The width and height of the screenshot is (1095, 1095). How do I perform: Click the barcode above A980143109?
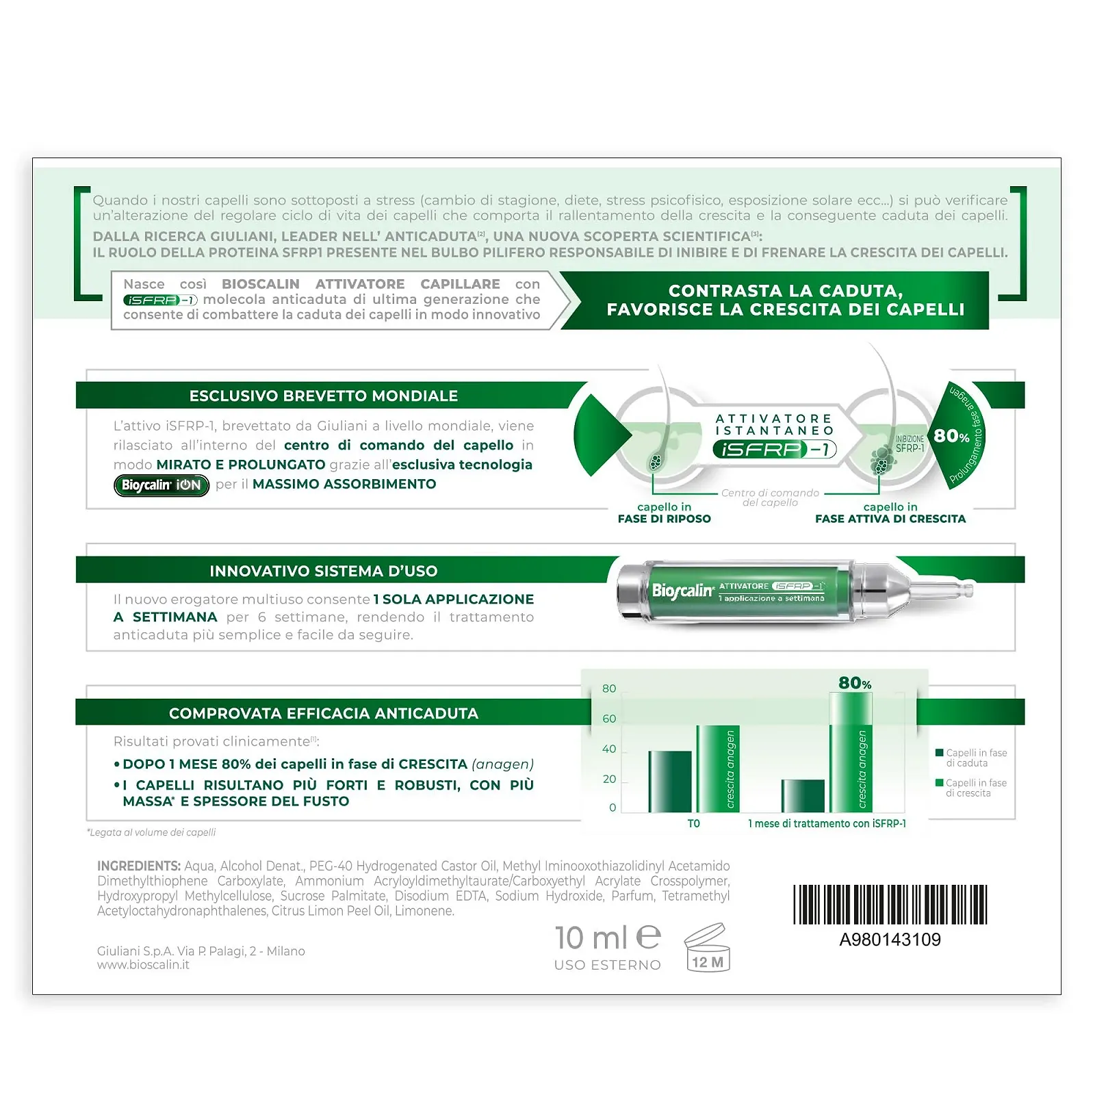[890, 905]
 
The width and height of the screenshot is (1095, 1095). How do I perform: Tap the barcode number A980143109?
[890, 940]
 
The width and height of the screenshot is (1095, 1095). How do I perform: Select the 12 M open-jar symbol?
[707, 948]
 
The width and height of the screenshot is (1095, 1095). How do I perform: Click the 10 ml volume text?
[591, 938]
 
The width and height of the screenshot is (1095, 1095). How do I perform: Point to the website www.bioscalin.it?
[143, 965]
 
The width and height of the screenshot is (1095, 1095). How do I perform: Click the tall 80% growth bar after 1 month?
[851, 752]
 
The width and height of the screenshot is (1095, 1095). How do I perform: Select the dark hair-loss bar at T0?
[670, 782]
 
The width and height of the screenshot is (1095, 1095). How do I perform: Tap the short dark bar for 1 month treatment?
[803, 796]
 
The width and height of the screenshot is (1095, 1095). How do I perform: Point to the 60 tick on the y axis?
[609, 719]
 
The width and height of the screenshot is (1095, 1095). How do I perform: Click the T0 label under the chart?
[693, 824]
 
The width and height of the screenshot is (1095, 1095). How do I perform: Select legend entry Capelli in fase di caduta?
[971, 758]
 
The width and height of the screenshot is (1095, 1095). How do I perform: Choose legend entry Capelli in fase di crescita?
[971, 788]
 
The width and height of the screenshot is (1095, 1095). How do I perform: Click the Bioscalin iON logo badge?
[162, 485]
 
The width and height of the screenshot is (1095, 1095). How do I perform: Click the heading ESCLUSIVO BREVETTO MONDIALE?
[324, 396]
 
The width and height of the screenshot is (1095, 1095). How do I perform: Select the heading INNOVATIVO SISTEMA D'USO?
[324, 571]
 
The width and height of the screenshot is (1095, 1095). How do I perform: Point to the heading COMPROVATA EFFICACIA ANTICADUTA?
[324, 714]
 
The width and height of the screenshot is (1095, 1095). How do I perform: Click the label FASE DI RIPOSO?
[664, 519]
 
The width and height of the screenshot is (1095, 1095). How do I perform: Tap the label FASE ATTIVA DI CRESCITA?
[890, 519]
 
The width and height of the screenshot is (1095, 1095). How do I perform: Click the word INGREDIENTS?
[139, 866]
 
